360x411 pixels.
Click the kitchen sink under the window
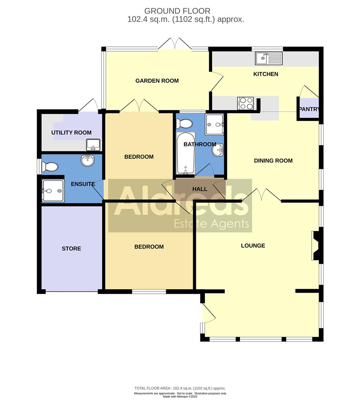pos(269,58)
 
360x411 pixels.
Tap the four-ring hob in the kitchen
pos(245,103)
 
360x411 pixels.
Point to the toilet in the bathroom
pos(184,123)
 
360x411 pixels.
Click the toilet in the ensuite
pos(49,167)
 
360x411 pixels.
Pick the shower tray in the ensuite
pos(53,190)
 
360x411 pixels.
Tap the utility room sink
pos(93,145)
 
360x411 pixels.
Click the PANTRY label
pos(309,109)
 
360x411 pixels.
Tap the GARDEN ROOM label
pos(157,81)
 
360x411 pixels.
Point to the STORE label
pos(71,249)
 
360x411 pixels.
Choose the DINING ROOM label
pos(273,161)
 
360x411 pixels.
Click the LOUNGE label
pos(253,245)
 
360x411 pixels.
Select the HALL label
pos(200,189)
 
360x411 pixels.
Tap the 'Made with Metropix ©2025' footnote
pos(180,397)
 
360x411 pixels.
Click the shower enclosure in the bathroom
pos(215,124)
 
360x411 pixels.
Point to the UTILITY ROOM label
pos(71,132)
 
